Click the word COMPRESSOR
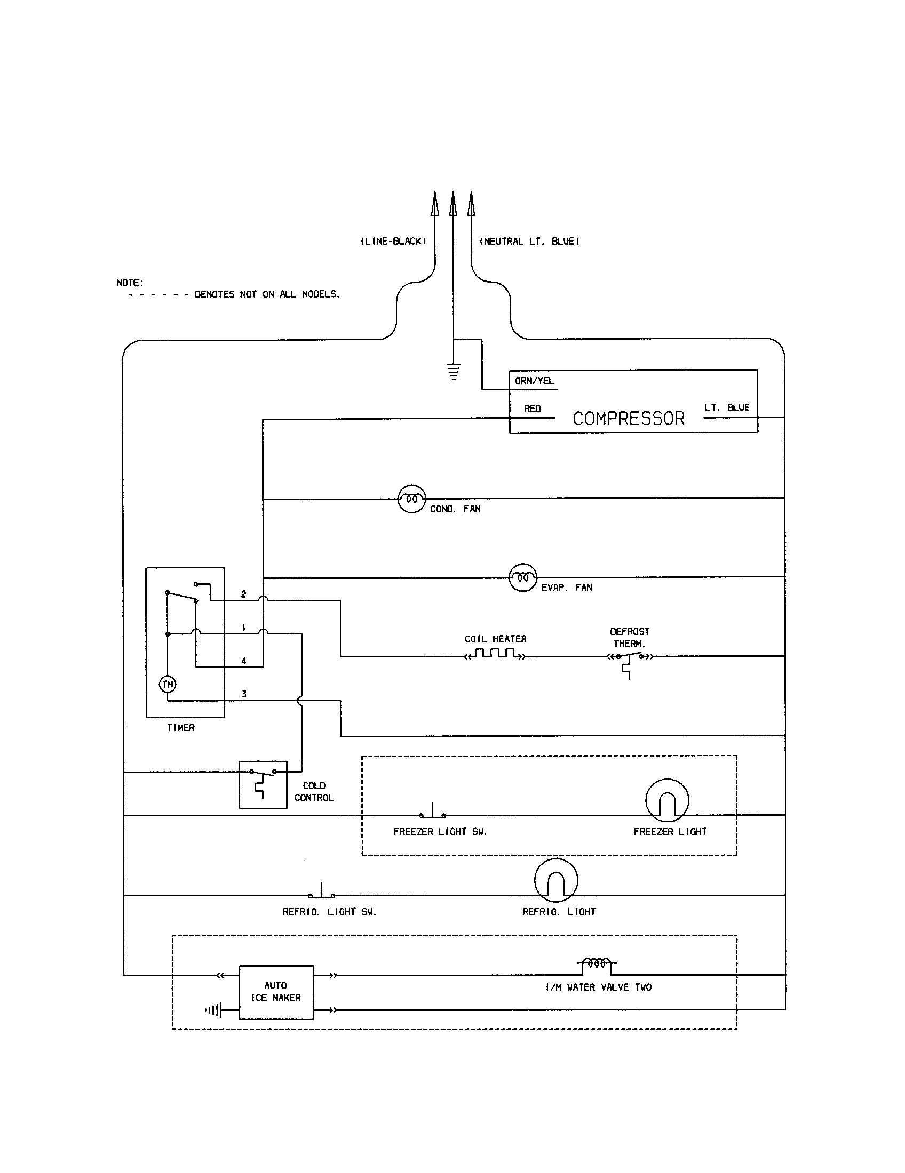(628, 419)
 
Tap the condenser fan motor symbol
(411, 499)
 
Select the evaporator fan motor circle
(523, 577)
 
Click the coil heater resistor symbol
(495, 655)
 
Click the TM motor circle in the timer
(168, 684)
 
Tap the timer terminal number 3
(244, 694)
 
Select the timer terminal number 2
(244, 594)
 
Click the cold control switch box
(263, 784)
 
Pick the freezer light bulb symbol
(667, 800)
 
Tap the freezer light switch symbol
(433, 813)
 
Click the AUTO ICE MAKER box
(276, 992)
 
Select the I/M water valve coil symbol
(597, 964)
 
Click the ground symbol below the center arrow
(454, 371)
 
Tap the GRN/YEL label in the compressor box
(534, 381)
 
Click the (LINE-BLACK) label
(393, 241)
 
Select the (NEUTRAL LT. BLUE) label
(529, 241)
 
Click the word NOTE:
(130, 283)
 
